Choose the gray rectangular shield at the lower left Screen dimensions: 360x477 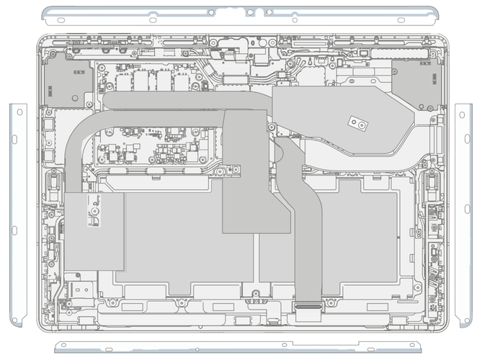point(94,230)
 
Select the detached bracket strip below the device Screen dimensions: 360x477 point(238,347)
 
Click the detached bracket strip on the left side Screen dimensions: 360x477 point(17,216)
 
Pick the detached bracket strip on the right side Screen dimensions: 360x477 point(463,216)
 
